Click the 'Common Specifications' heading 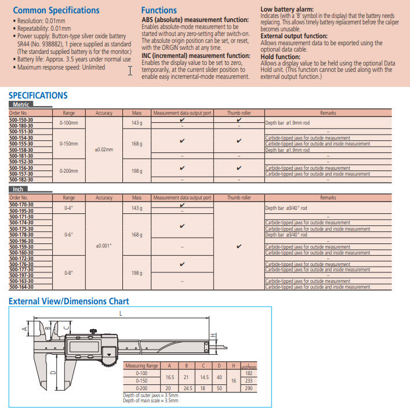(x=56, y=10)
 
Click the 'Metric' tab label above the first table (x=21, y=104)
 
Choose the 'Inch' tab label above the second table (x=18, y=189)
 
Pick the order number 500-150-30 (x=21, y=120)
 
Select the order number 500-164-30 (x=21, y=287)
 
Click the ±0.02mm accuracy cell (x=103, y=150)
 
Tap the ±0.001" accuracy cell (x=103, y=246)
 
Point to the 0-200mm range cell (x=68, y=171)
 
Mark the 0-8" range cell (x=68, y=272)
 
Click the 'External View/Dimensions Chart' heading (x=68, y=301)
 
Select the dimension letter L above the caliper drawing (x=120, y=314)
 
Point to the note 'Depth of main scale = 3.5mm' (x=150, y=400)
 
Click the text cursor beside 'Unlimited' (x=130, y=71)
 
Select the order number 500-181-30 (x=21, y=156)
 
